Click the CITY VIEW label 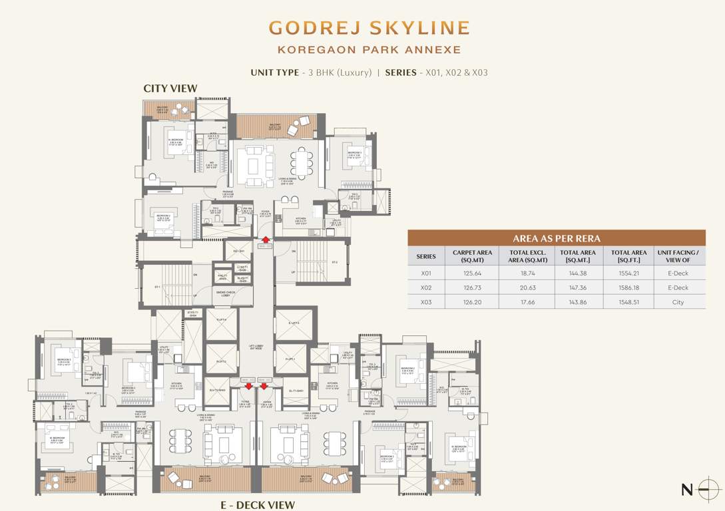[x=170, y=88]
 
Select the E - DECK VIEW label [x=258, y=505]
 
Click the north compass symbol [x=706, y=490]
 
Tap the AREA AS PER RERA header [x=556, y=238]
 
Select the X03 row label [x=426, y=302]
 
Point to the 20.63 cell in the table [x=527, y=288]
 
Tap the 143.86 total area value [x=577, y=302]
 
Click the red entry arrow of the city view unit [x=266, y=240]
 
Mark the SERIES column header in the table [x=426, y=256]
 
